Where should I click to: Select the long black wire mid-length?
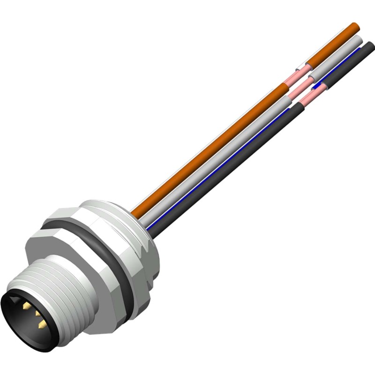click(x=230, y=164)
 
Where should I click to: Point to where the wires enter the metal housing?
click(x=143, y=220)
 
